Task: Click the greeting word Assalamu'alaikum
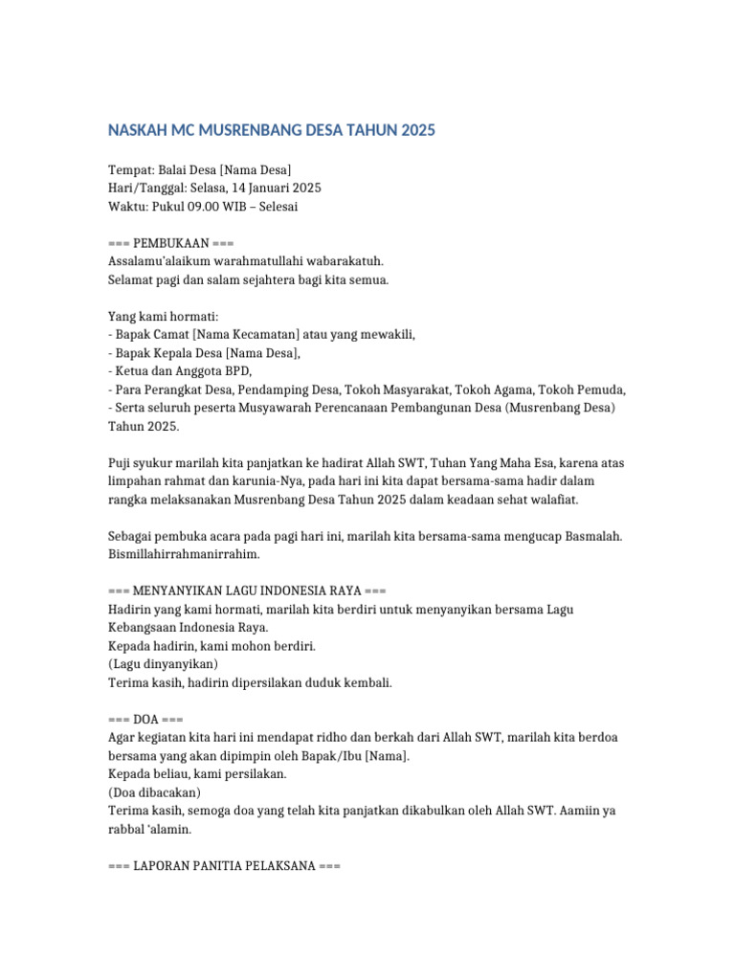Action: coord(168,261)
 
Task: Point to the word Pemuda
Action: coord(599,390)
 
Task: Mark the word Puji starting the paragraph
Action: coord(121,463)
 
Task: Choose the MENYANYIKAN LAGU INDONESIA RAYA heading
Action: coord(247,591)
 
